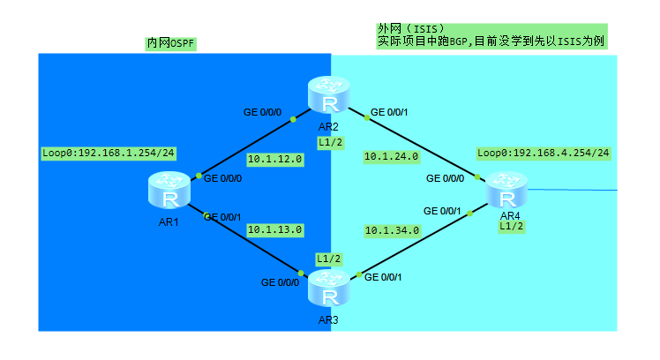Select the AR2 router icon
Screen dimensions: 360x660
click(329, 95)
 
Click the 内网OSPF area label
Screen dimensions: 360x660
click(170, 43)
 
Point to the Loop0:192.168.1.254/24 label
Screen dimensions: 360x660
click(108, 153)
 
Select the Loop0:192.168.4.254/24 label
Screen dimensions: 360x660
click(543, 153)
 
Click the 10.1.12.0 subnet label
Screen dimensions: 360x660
click(274, 160)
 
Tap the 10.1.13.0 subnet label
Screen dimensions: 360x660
click(274, 229)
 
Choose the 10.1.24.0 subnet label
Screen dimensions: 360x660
click(391, 157)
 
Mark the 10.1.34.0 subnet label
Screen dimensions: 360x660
click(391, 230)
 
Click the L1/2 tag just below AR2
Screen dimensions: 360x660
click(329, 143)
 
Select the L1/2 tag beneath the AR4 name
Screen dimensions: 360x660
click(511, 227)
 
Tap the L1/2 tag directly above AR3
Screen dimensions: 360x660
click(329, 259)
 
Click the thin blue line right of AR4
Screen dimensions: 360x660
click(574, 189)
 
